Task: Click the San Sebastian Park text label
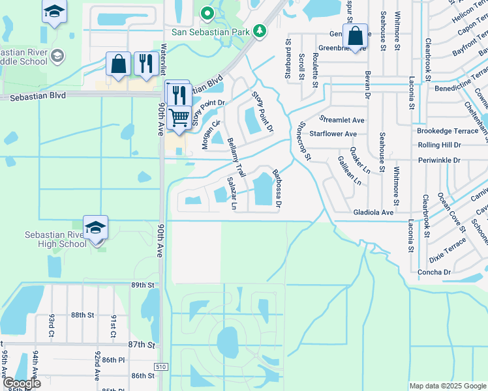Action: tap(211, 31)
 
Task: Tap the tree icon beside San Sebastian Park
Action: tap(260, 30)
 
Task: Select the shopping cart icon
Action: tap(178, 117)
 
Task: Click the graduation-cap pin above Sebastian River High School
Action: tap(95, 227)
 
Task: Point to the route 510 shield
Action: tap(160, 367)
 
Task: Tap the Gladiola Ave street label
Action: tap(373, 212)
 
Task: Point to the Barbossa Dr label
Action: tap(277, 188)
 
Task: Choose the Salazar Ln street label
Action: tap(232, 193)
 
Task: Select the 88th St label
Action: tap(83, 315)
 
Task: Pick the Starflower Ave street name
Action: tap(333, 134)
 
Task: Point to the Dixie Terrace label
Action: tap(448, 248)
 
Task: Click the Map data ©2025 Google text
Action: tap(448, 386)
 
